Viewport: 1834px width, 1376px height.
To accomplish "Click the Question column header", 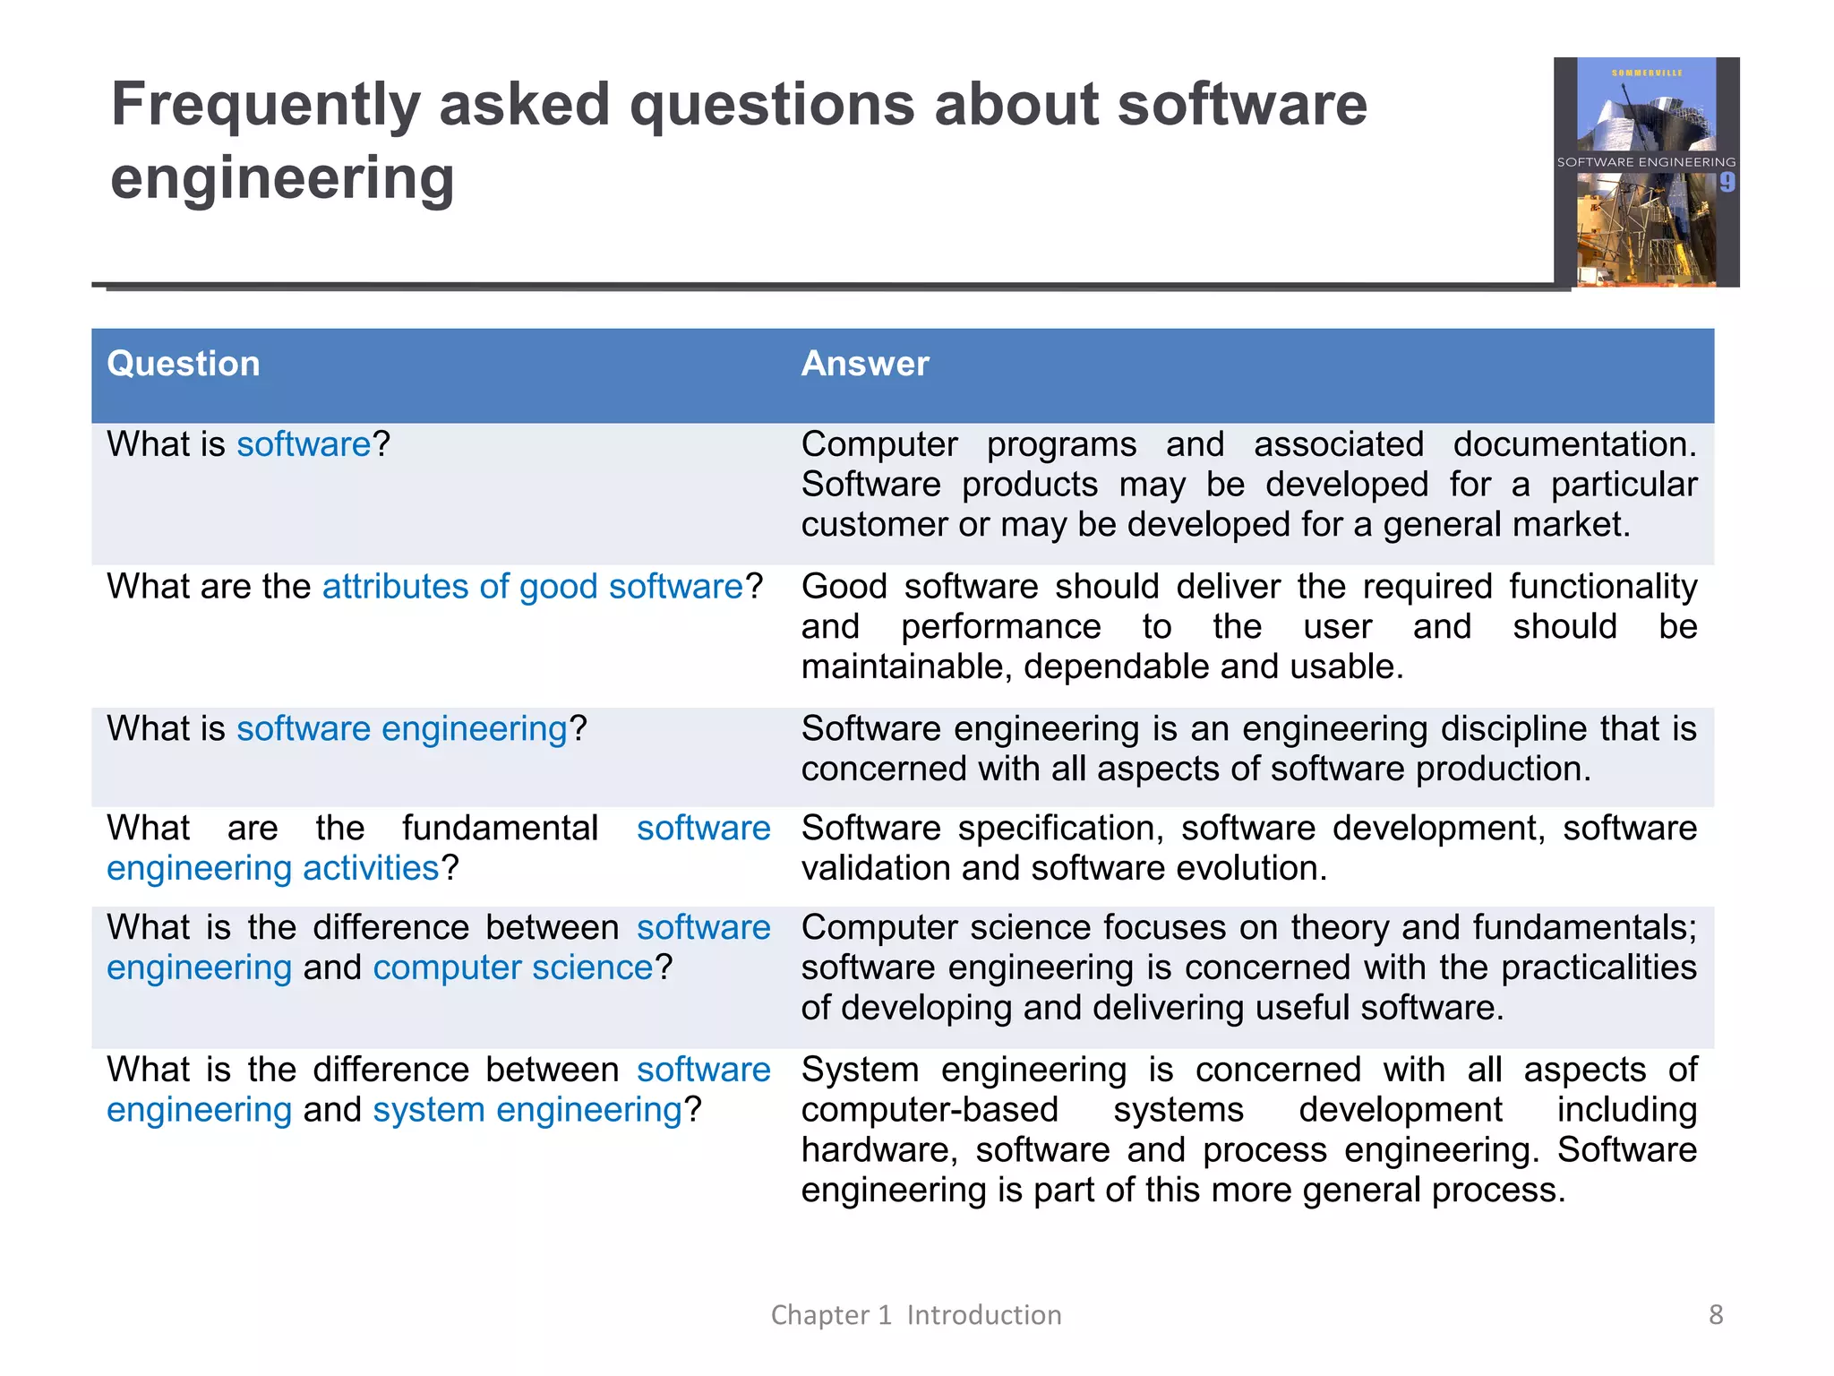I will click(184, 364).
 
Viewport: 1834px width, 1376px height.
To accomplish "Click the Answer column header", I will click(865, 364).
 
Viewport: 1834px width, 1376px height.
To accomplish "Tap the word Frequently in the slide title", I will click(265, 106).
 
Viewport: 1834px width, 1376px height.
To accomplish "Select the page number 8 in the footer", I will click(1716, 1314).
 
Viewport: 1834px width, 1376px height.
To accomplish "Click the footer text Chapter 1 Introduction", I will click(916, 1314).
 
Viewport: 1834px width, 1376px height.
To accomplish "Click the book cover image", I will click(1646, 172).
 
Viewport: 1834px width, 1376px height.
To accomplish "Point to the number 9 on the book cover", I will click(1727, 183).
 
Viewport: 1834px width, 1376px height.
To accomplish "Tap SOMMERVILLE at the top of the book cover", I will click(1647, 73).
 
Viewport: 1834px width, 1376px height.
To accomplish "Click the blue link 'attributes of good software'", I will click(533, 587).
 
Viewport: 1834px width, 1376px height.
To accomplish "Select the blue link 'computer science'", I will click(513, 967).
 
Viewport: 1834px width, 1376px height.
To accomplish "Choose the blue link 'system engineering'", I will click(528, 1110).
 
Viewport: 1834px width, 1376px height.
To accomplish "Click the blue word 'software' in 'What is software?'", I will click(304, 444).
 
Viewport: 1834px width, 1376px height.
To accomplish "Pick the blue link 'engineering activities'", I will click(273, 868).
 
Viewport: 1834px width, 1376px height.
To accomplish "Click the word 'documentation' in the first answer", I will click(1573, 444).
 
